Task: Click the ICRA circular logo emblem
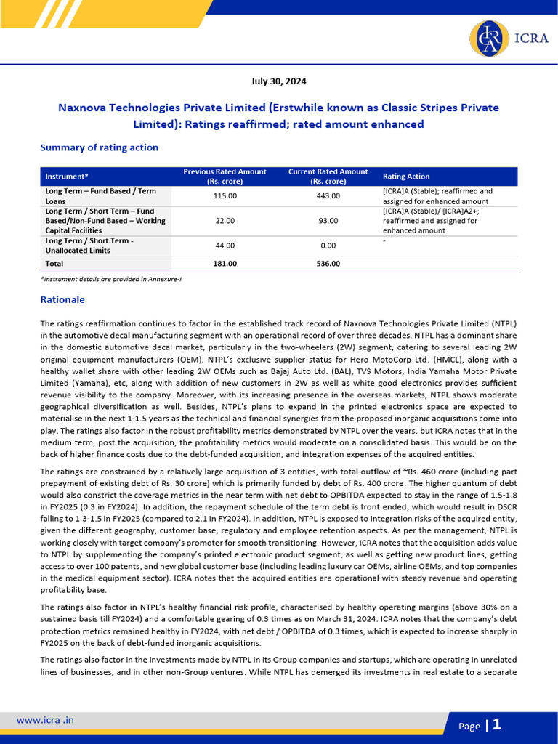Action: [x=490, y=38]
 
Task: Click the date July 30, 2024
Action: [x=279, y=81]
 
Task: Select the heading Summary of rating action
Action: [x=99, y=147]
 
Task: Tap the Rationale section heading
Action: [x=62, y=299]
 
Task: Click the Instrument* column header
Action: [x=67, y=177]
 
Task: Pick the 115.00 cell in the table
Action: [x=225, y=196]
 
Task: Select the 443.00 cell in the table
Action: [x=328, y=196]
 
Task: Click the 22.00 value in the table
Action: [x=225, y=220]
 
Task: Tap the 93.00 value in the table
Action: [x=328, y=220]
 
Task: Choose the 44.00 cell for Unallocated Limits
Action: [x=225, y=246]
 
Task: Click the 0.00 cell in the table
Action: [x=328, y=246]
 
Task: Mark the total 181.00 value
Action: [x=225, y=263]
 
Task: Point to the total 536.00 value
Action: [x=328, y=263]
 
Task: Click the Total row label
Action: [x=54, y=263]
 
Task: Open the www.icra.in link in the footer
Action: [x=45, y=720]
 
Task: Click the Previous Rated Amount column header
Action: [x=225, y=177]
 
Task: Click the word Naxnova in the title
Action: [x=83, y=108]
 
